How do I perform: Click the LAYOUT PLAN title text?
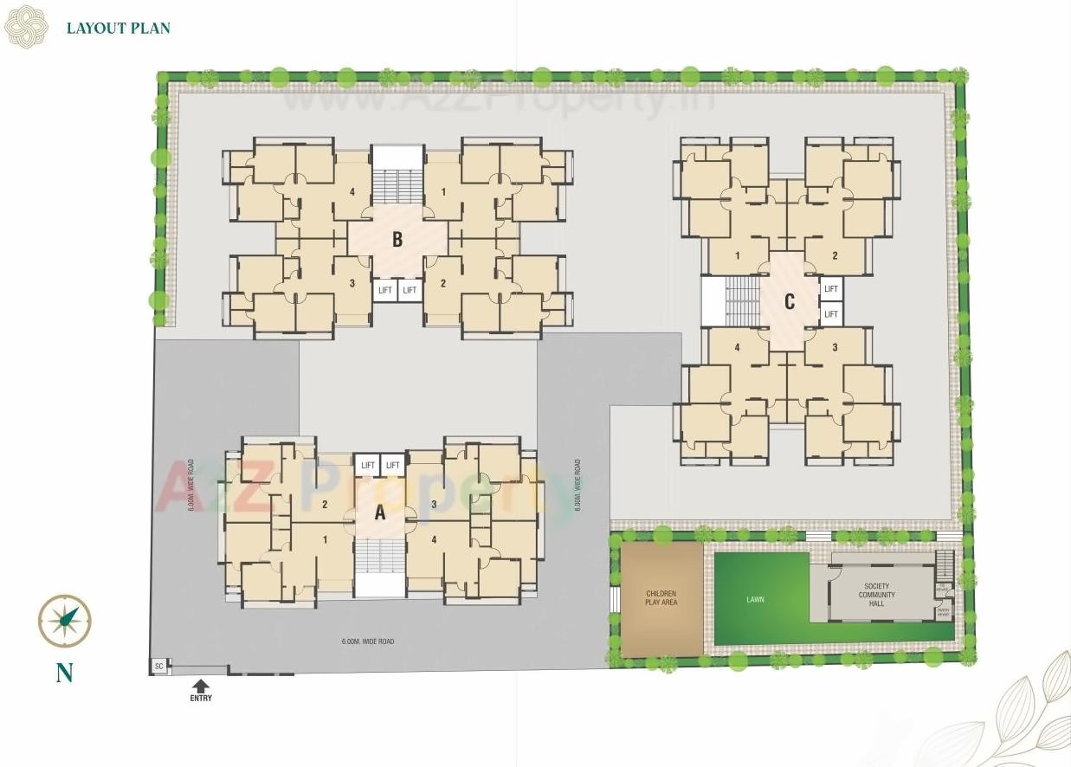coord(119,28)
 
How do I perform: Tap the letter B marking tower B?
coord(397,239)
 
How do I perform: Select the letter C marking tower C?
coord(789,301)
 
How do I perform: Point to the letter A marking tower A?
coord(379,512)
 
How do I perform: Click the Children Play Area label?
coord(661,597)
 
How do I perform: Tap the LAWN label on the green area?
coord(756,599)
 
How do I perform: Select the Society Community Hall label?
coord(877,595)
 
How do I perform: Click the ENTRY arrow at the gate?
coord(201,686)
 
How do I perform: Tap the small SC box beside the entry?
coord(158,666)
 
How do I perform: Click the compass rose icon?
coord(65,620)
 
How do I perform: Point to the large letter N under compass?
coord(64,673)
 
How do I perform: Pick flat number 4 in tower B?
coord(352,191)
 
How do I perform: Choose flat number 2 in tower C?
coord(835,255)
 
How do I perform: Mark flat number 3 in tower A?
coord(433,503)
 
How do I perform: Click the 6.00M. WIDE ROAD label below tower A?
coord(367,641)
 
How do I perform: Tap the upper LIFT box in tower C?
coord(831,289)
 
